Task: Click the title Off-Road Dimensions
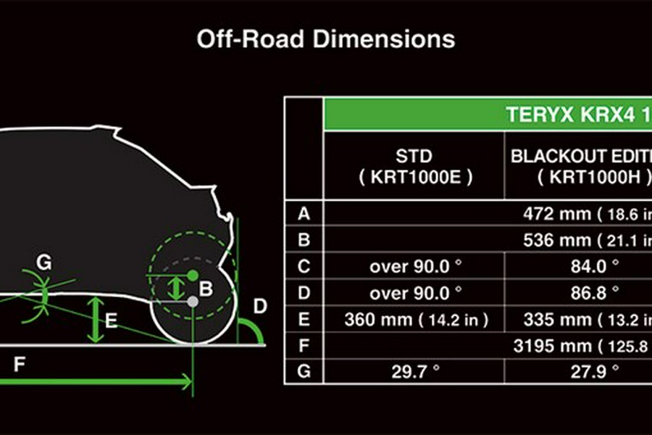[x=325, y=38]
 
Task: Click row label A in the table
[x=304, y=213]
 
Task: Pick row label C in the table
[x=304, y=266]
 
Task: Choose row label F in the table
[x=304, y=345]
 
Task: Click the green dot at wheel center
[x=193, y=275]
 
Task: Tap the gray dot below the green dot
[x=193, y=300]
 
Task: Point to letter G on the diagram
[x=44, y=262]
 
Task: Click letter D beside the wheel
[x=259, y=306]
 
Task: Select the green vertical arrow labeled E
[x=95, y=319]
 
